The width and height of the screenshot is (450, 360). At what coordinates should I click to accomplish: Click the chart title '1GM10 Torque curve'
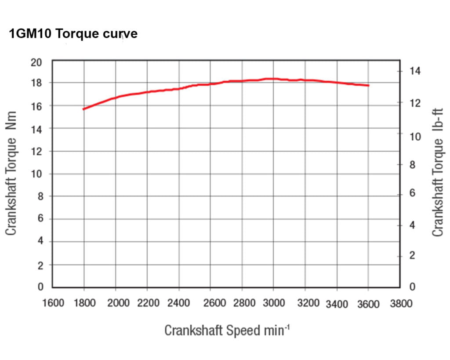(x=73, y=34)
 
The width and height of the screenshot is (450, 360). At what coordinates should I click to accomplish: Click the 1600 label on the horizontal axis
(x=53, y=303)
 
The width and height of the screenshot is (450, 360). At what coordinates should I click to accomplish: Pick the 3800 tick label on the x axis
(x=400, y=303)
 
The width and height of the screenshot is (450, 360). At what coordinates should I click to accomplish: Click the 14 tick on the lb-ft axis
(x=415, y=71)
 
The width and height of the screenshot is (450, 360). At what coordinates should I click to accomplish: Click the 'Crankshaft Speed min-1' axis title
(x=227, y=330)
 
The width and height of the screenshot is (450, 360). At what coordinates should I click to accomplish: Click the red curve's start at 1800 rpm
(x=83, y=109)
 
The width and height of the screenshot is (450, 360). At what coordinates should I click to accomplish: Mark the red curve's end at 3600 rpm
(x=368, y=85)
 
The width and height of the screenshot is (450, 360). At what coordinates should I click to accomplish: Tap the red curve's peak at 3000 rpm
(x=273, y=79)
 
